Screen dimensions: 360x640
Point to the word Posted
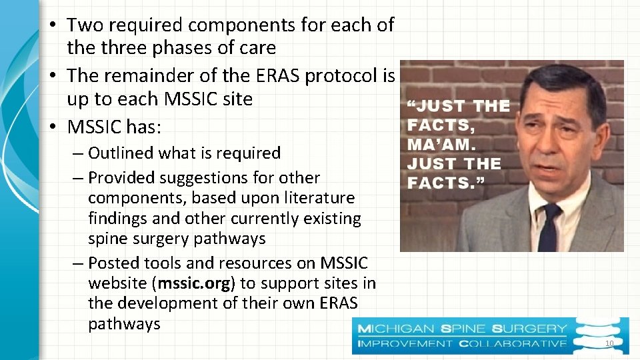[111, 263]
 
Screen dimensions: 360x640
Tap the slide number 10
[607, 343]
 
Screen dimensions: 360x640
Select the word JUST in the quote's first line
[436, 106]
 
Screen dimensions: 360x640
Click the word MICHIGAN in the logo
[397, 329]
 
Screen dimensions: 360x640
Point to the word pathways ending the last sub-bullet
[124, 324]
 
